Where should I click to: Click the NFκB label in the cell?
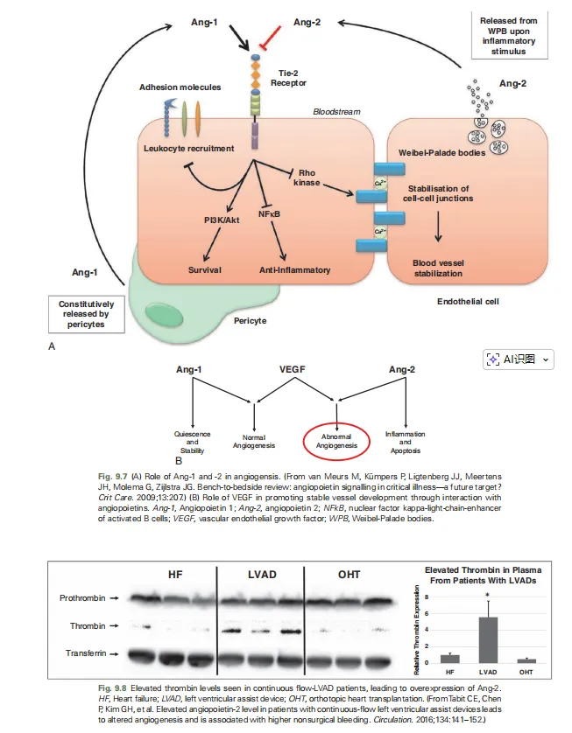(270, 213)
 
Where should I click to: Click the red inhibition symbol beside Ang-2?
(271, 37)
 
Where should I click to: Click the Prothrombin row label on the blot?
(83, 598)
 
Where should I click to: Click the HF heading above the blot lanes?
(174, 575)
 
